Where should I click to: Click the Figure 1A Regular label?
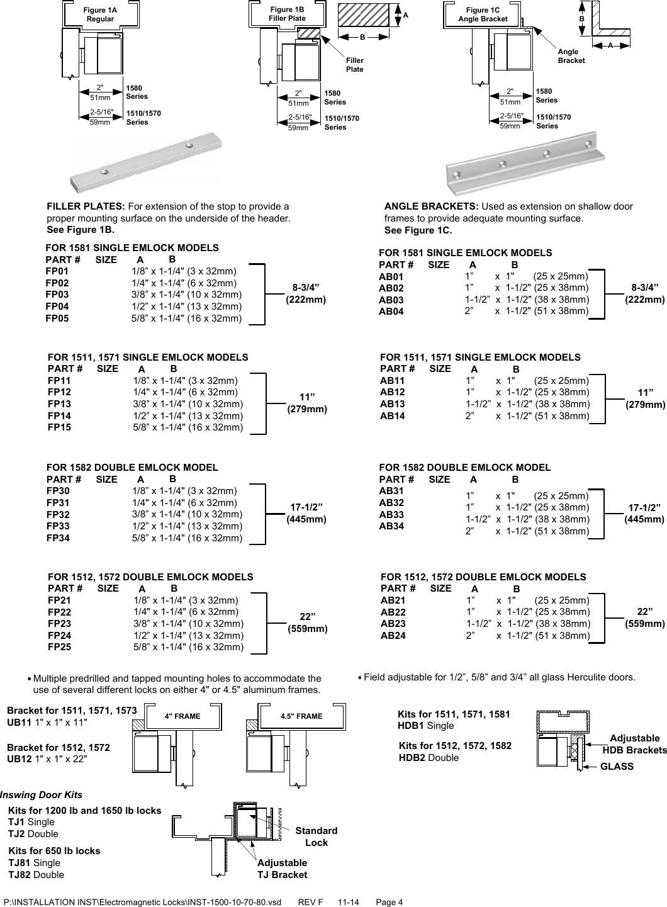pyautogui.click(x=100, y=14)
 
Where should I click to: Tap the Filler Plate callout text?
pyautogui.click(x=355, y=64)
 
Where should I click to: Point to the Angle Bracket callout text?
pyautogui.click(x=571, y=55)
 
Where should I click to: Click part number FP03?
pyautogui.click(x=57, y=295)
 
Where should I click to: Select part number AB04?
pyautogui.click(x=391, y=312)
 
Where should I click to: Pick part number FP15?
pyautogui.click(x=59, y=427)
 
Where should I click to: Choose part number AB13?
pyautogui.click(x=393, y=404)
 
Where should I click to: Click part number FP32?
pyautogui.click(x=58, y=514)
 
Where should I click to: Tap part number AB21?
pyautogui.click(x=393, y=600)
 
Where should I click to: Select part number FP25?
pyautogui.click(x=59, y=646)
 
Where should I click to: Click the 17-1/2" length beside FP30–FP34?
pyautogui.click(x=306, y=513)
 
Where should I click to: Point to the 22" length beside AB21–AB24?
pyautogui.click(x=644, y=617)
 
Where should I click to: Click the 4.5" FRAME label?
pyautogui.click(x=301, y=716)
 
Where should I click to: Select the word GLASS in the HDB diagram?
pyautogui.click(x=617, y=766)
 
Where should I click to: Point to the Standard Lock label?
pyautogui.click(x=316, y=837)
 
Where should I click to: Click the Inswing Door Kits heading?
pyautogui.click(x=42, y=795)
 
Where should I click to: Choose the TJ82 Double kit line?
pyautogui.click(x=36, y=874)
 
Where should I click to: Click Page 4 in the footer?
pyautogui.click(x=389, y=902)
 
